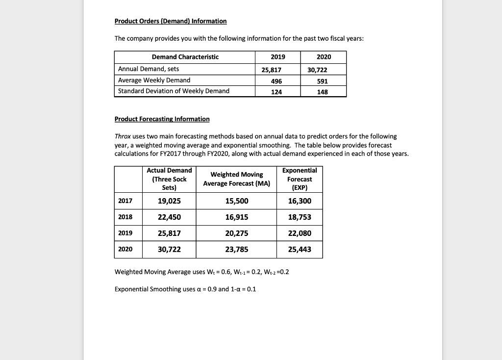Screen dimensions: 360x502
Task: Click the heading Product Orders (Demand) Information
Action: coord(170,21)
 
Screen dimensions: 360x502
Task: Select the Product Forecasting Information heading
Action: coord(162,119)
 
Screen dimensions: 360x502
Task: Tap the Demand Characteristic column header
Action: coord(185,57)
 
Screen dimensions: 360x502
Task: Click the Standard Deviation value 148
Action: coord(322,92)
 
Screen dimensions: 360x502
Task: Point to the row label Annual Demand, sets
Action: coord(149,69)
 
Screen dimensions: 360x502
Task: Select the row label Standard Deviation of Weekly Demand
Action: coord(174,91)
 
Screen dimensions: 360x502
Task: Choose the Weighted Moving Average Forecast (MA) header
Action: coord(236,179)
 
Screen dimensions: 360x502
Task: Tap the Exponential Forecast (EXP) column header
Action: coord(300,179)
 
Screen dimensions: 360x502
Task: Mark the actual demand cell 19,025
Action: coord(169,201)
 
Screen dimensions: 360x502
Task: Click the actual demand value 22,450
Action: coord(169,217)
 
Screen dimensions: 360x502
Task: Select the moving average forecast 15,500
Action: coord(236,201)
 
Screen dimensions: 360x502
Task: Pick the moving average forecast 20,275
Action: coord(236,233)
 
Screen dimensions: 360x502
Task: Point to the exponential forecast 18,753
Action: coord(300,217)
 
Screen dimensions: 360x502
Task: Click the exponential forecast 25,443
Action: coord(300,250)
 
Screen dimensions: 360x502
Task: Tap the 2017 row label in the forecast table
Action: coord(125,201)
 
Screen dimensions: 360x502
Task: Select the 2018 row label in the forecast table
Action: coord(125,217)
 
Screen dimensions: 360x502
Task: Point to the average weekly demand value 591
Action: coord(322,80)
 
